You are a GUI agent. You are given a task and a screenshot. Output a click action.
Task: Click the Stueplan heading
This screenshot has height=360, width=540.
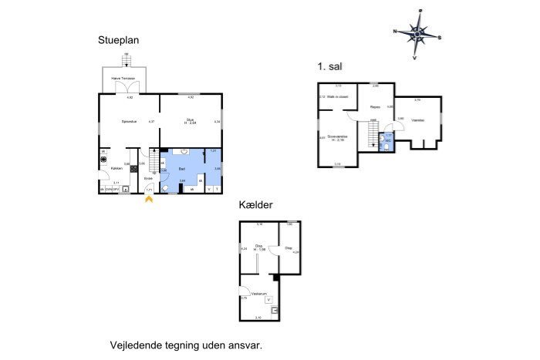tap(117, 40)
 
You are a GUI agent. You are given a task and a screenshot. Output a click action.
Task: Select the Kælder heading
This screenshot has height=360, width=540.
tap(255, 205)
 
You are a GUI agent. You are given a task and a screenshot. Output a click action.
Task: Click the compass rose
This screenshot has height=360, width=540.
tap(417, 33)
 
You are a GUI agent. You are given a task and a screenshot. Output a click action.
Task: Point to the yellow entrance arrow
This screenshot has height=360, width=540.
tap(149, 199)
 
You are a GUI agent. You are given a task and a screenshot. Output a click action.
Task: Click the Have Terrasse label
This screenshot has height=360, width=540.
tap(123, 79)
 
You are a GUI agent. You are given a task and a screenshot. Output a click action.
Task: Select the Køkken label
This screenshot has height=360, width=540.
tap(116, 168)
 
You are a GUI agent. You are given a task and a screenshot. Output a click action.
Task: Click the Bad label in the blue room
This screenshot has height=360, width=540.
tap(182, 168)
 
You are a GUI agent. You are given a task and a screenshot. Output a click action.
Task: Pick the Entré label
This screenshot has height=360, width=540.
tap(149, 178)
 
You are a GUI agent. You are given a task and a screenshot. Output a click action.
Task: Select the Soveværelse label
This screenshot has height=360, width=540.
tap(338, 136)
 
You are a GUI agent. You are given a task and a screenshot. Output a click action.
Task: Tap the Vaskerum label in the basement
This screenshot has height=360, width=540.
tap(258, 294)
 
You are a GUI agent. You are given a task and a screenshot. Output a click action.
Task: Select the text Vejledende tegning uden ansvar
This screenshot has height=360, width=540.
tap(187, 345)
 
